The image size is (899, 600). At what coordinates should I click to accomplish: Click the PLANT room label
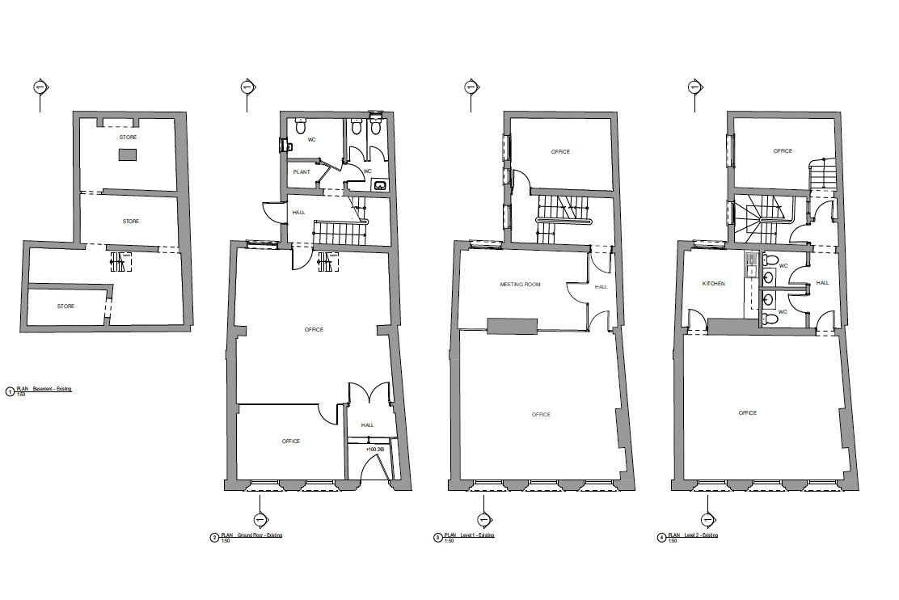point(302,172)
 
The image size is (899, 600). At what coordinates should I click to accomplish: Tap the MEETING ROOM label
point(520,285)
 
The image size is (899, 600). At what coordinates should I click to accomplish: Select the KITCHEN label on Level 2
point(713,284)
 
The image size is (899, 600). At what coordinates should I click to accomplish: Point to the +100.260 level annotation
point(374,450)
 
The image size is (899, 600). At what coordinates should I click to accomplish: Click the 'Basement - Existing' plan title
point(50,390)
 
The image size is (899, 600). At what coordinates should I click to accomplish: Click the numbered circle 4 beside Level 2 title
point(662,537)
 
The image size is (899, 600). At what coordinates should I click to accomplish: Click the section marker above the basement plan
point(40,87)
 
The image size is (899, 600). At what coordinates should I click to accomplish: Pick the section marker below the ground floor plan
point(260,519)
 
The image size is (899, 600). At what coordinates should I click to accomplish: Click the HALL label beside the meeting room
point(601,287)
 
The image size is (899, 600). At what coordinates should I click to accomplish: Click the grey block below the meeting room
point(513,325)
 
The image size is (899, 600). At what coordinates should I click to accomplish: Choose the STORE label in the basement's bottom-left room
point(65,306)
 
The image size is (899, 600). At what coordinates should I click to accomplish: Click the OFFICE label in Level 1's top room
point(560,152)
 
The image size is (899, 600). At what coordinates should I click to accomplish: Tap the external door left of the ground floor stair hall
point(272,212)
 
